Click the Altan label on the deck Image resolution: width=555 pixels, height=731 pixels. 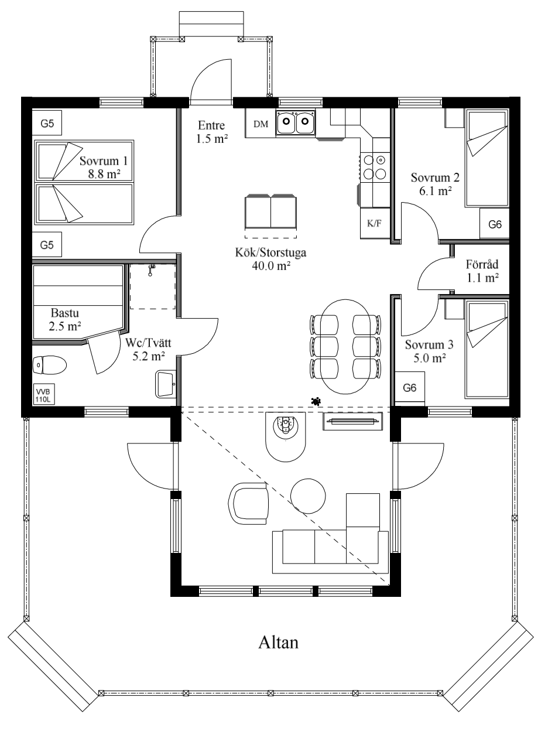tap(278, 643)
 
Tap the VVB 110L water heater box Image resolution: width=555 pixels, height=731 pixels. tap(43, 394)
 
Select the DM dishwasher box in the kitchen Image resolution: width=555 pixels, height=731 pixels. tap(261, 124)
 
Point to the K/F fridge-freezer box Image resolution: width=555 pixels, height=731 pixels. tap(375, 223)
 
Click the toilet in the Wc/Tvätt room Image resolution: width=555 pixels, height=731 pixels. tap(49, 365)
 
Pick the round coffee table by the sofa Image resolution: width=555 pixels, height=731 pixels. tap(308, 496)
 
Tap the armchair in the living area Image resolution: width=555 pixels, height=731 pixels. tap(248, 503)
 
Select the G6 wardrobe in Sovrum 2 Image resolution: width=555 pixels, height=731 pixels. tap(495, 224)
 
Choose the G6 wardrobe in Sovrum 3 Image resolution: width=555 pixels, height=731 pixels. tap(409, 387)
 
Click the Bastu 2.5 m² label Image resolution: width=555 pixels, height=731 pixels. tap(65, 319)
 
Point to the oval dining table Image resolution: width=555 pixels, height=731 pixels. tap(345, 346)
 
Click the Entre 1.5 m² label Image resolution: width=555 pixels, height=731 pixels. tap(211, 132)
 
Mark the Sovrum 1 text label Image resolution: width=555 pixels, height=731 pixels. tap(104, 161)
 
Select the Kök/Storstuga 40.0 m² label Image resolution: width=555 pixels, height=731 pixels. tap(270, 259)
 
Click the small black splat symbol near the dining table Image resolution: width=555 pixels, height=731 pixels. tap(316, 401)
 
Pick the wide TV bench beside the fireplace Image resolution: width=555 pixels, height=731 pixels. tap(352, 421)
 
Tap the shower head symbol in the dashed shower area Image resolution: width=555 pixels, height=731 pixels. tap(152, 270)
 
